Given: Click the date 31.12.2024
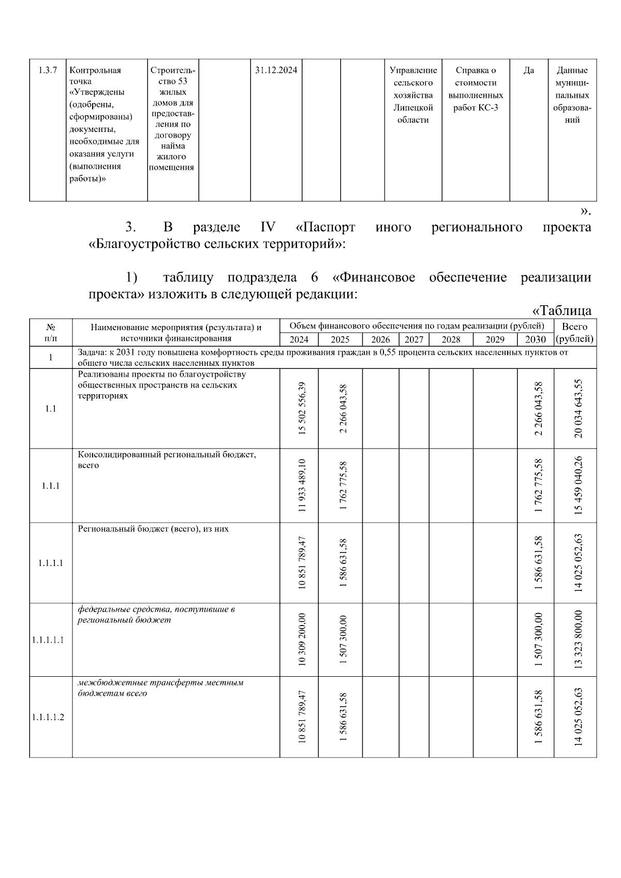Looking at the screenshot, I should (x=276, y=70).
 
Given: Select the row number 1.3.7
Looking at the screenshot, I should (x=48, y=70).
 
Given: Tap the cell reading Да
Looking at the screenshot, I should (x=528, y=70).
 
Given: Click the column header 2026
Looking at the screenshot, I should (x=380, y=339).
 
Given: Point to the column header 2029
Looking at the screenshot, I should (x=495, y=339).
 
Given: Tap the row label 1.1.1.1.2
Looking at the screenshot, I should (x=48, y=717).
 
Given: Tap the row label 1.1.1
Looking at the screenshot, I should (x=50, y=485).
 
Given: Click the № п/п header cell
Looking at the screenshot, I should (x=51, y=333).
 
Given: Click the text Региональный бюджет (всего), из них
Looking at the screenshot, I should (x=153, y=529).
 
